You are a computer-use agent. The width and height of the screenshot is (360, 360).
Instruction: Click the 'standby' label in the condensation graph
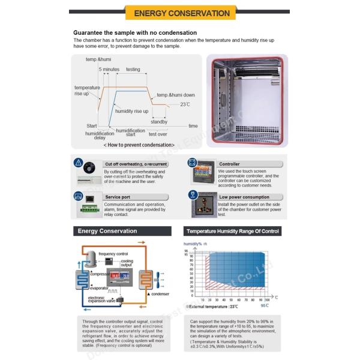pos(159,122)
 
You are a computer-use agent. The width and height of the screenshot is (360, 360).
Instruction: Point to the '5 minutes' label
pos(109,70)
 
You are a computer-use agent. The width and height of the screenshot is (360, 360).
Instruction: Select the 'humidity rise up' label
pos(132,111)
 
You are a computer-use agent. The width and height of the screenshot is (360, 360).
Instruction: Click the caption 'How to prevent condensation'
pos(139,145)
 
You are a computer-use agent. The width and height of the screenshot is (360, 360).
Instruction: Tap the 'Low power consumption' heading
pos(244,197)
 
